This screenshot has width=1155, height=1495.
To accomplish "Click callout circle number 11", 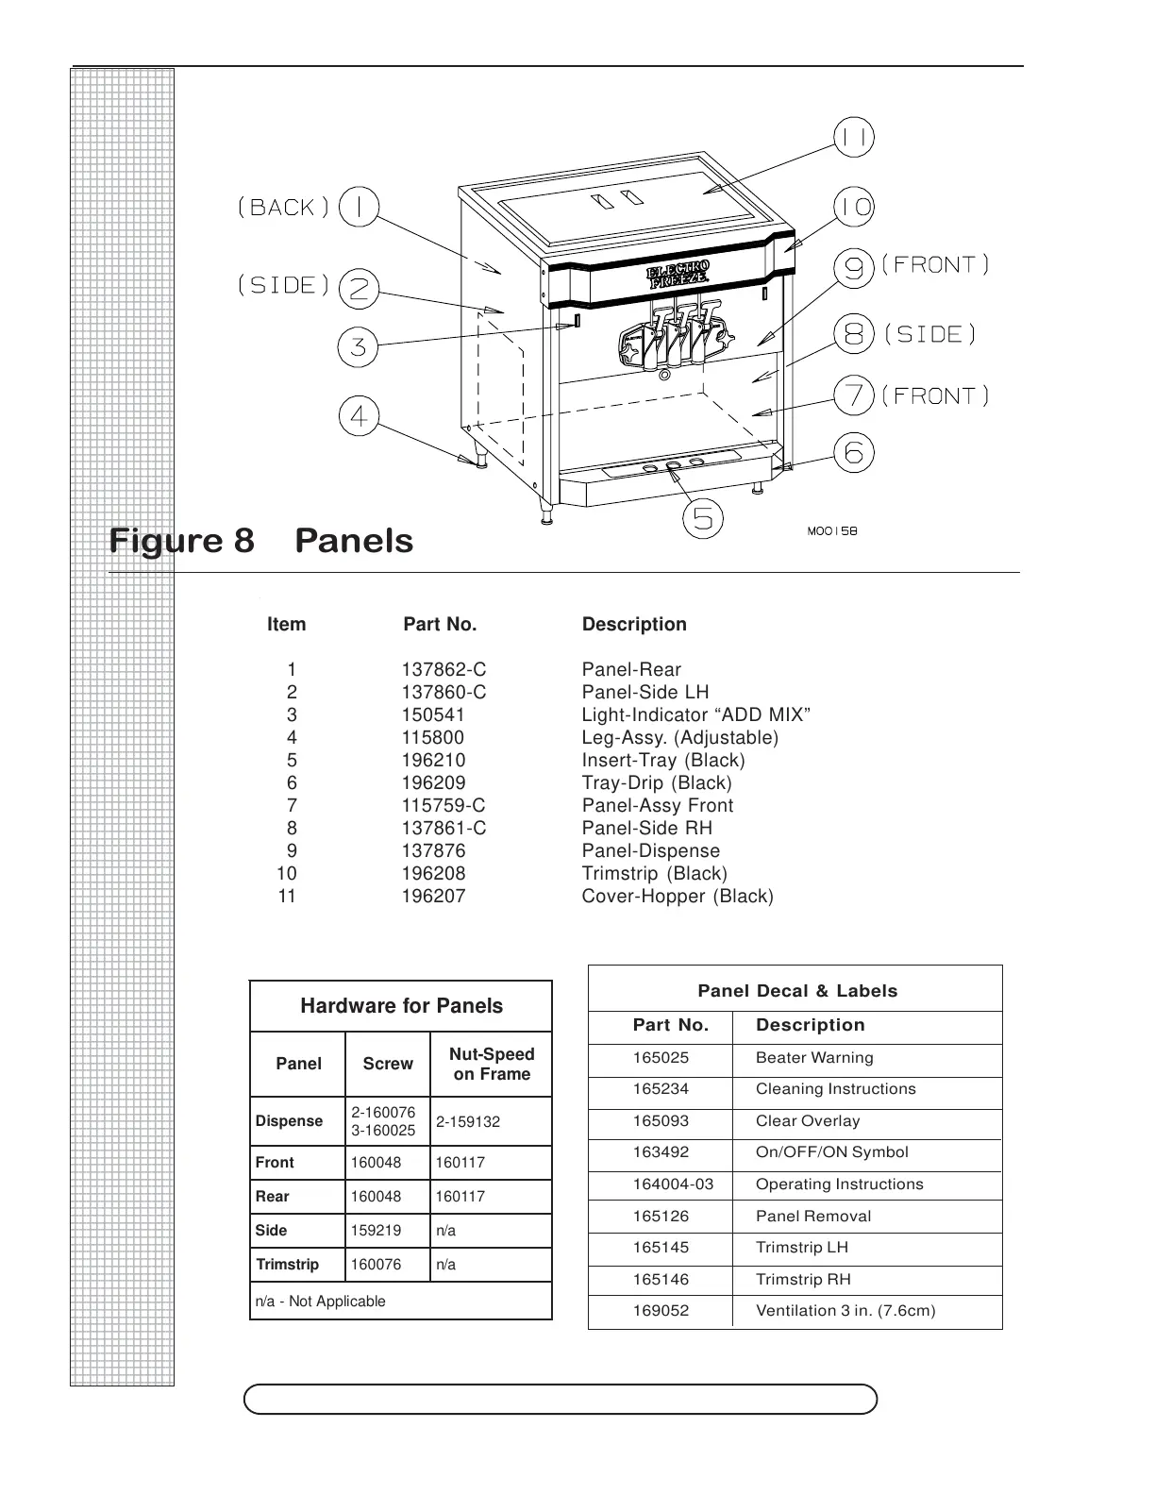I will coord(854,139).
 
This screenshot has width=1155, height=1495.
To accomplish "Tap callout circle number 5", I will coord(703,519).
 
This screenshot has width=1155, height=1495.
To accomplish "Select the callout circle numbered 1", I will coord(359,207).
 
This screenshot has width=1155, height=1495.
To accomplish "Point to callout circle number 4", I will coord(359,416).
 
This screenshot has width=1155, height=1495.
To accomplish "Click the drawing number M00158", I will coord(832,531).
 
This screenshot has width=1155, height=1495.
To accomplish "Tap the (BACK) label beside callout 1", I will coord(284,208).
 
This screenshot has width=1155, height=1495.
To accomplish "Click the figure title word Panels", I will coord(354,541).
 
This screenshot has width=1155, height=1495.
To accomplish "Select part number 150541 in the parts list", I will coord(433,714).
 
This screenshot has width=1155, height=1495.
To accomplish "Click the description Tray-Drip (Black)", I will coord(657,782).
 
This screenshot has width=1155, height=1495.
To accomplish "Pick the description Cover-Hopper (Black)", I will coord(678,896).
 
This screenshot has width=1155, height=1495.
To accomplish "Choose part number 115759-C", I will coord(444,805).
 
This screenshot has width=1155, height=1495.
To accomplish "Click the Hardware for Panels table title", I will coord(401,1006).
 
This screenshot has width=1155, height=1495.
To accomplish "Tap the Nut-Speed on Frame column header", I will coord(492,1064).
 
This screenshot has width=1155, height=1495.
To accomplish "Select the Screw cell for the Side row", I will coord(376,1231).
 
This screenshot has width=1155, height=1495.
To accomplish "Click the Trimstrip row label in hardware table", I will coord(288,1265).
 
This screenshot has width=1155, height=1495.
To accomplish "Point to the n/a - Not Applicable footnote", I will coord(321,1302).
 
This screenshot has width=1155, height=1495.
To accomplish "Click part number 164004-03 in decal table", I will coord(674,1184).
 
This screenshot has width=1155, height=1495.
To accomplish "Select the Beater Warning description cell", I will coord(814,1058).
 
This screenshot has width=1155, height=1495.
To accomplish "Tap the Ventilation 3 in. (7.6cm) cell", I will coord(845,1310).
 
